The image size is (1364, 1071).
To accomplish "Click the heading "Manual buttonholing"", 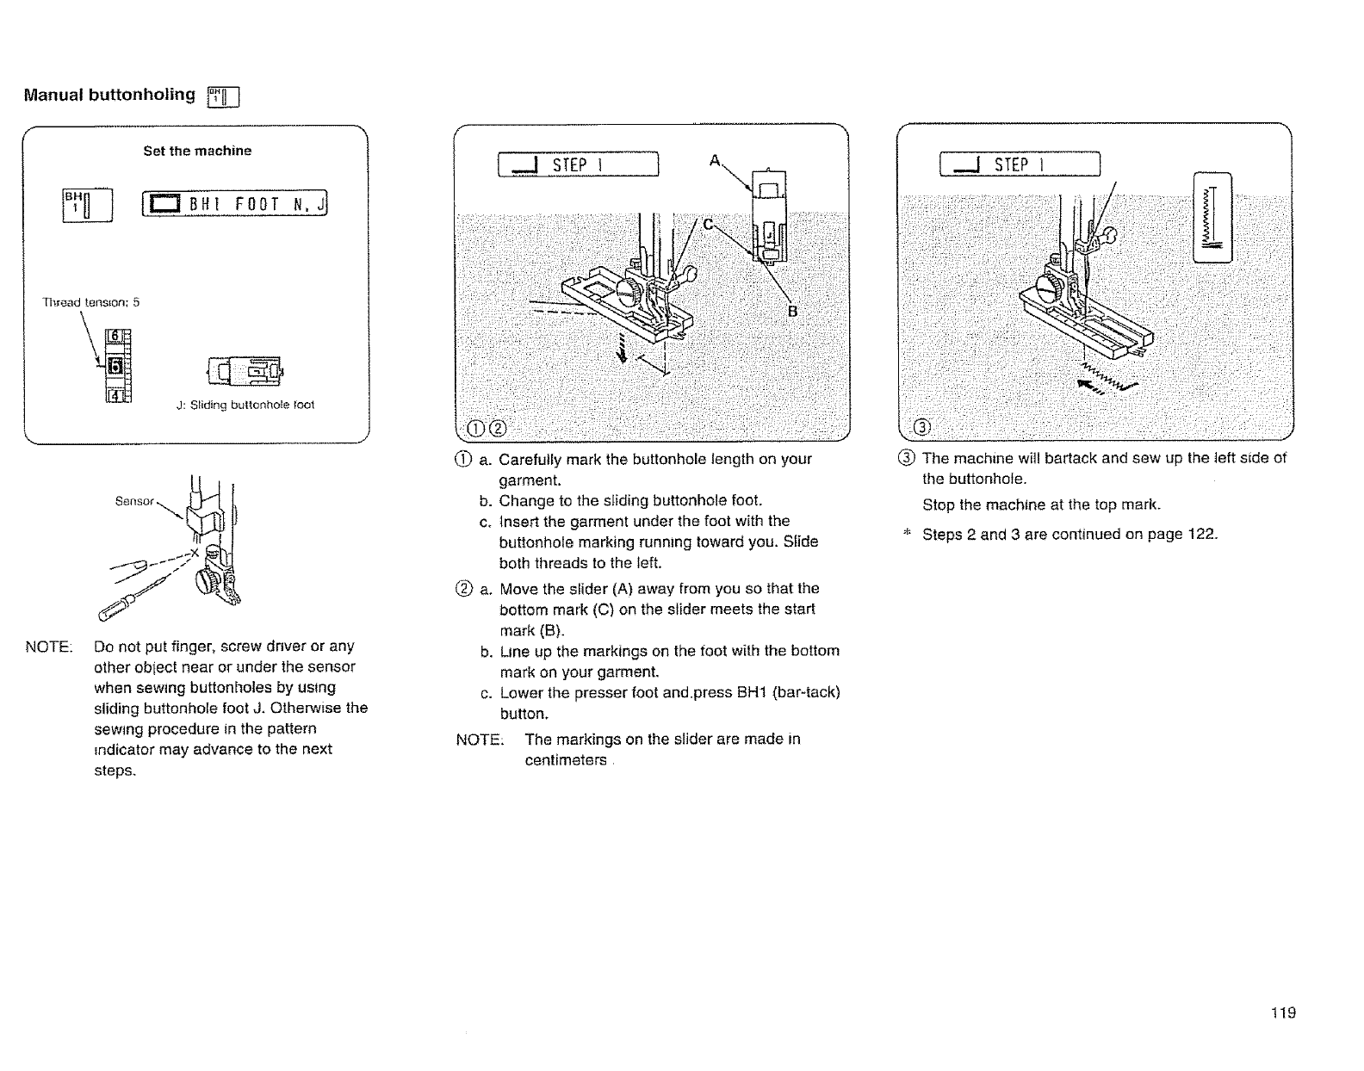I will coord(109,96).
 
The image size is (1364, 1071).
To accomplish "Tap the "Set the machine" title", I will coord(197,152).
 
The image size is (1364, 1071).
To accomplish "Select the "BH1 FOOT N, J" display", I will coord(236,205).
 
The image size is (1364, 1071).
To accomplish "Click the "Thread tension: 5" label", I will coord(91,303).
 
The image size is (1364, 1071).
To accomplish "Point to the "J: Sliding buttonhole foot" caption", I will coord(245,405).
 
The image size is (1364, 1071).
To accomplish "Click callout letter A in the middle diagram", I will coord(714,160).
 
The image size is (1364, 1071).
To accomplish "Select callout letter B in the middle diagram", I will coord(794,312).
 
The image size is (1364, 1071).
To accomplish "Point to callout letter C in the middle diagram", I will coord(708,226).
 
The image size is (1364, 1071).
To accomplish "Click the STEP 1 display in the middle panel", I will coord(578,164).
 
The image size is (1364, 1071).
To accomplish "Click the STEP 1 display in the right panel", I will coord(1020,164).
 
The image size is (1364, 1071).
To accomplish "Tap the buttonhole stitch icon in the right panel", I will coord(1213,217).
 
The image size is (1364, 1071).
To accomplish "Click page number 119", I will coord(1282,1013).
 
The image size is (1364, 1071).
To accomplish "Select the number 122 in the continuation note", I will coord(1202,535).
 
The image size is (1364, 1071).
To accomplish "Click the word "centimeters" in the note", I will coord(566,761).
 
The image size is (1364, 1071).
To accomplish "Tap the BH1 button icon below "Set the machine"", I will coord(87,205).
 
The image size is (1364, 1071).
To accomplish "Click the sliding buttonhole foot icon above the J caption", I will coord(245,372).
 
